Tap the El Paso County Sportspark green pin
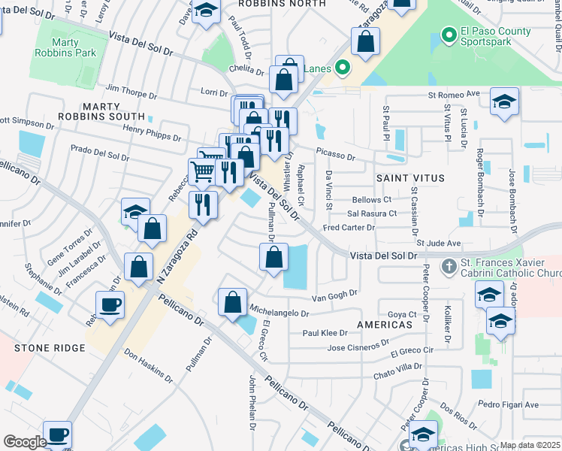(449, 35)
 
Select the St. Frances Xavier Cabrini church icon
(449, 266)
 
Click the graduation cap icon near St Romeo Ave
(504, 101)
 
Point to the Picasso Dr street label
(335, 156)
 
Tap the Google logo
(25, 441)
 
